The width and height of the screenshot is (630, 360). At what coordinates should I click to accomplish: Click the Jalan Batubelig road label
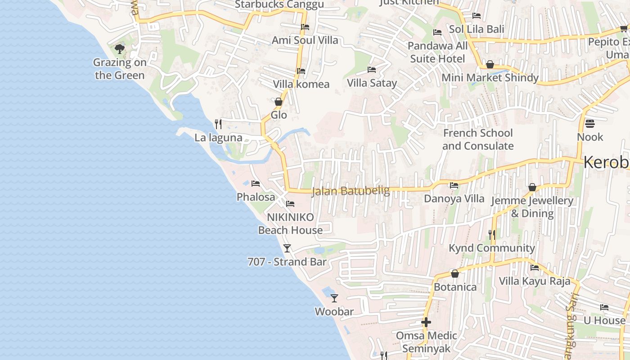(351, 191)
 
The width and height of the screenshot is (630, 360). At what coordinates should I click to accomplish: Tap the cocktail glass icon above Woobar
(334, 298)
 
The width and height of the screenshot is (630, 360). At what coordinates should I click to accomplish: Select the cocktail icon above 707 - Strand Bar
(287, 248)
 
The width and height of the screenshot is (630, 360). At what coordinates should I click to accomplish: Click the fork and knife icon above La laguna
(218, 124)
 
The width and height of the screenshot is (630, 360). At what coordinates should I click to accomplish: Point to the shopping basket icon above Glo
(279, 102)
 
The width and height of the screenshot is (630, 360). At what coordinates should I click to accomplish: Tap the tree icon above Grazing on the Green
(120, 49)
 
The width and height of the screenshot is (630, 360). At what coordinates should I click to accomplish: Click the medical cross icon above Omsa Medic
(426, 322)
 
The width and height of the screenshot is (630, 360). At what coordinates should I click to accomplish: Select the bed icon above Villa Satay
(372, 70)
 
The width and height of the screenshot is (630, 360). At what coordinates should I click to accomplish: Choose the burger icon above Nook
(589, 123)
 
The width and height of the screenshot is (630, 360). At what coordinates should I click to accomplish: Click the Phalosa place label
(256, 197)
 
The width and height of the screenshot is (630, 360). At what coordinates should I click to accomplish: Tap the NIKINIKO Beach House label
(290, 224)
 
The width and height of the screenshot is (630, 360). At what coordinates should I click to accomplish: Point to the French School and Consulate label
(478, 139)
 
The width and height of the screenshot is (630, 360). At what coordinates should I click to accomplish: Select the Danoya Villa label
(454, 198)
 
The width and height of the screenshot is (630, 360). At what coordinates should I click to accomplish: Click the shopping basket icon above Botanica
(455, 274)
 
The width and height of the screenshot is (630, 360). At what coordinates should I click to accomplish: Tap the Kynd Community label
(492, 248)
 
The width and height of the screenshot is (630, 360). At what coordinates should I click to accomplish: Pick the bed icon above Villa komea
(301, 71)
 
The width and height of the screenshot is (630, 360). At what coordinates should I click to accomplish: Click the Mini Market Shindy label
(490, 78)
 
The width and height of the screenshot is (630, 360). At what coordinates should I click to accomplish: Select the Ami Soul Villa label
(305, 40)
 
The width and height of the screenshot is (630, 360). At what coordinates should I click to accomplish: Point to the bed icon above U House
(604, 307)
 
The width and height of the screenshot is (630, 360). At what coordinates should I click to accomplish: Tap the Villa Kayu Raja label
(535, 281)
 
